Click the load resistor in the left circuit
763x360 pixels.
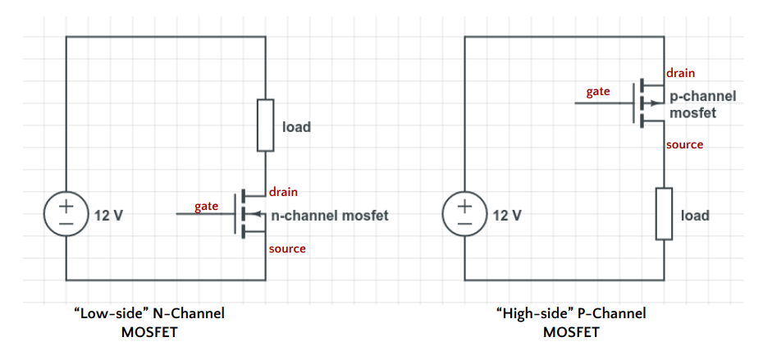265,125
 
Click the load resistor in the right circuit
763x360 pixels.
664,214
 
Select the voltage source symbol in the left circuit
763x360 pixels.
64,214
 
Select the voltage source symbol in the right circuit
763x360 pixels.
464,214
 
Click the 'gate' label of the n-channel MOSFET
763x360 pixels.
206,205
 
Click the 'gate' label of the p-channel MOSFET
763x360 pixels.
597,91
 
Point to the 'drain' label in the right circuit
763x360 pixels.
681,73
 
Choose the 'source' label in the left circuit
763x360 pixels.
287,248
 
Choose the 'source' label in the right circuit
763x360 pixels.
684,144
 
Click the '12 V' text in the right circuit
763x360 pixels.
506,216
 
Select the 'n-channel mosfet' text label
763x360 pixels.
329,216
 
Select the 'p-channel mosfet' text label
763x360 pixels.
702,104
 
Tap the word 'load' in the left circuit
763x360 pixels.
296,127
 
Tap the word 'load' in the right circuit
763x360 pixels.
695,216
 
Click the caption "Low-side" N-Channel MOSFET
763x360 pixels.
149,322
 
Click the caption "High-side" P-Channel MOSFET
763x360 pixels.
571,322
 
